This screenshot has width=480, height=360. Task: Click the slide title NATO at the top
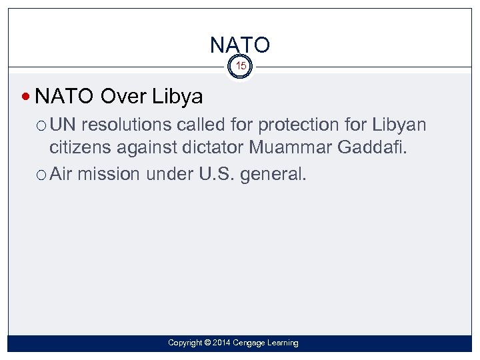(x=240, y=45)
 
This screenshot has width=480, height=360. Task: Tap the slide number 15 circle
(x=240, y=66)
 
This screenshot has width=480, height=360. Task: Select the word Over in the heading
(x=123, y=97)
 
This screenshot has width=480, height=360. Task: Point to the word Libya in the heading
(x=177, y=97)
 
